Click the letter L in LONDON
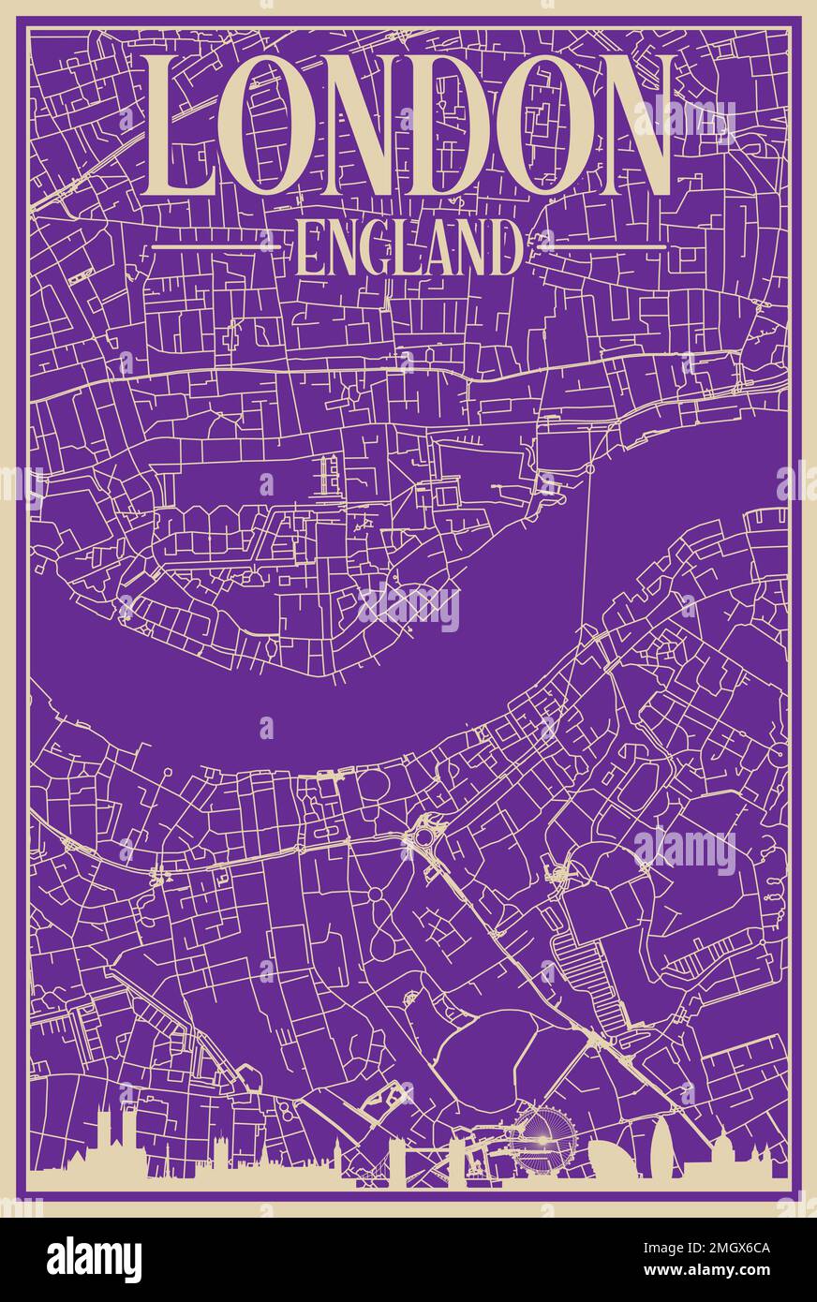[x=178, y=126]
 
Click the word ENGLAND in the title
[x=408, y=248]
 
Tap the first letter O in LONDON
[x=269, y=126]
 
